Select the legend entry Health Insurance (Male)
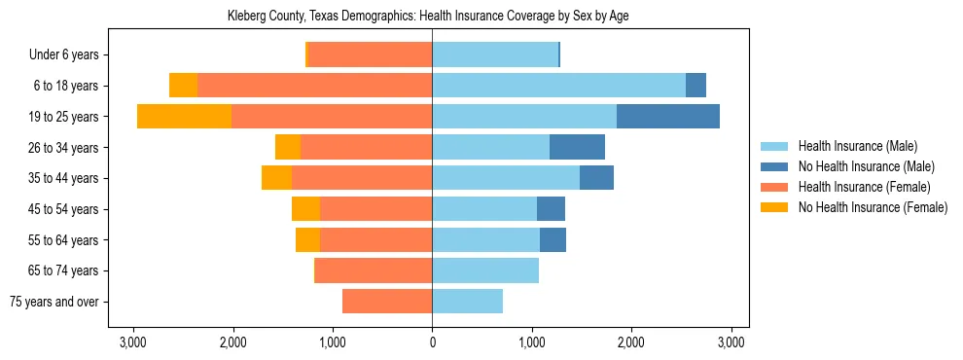(856, 146)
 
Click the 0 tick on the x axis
(432, 342)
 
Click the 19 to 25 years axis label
(63, 117)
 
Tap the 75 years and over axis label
(54, 302)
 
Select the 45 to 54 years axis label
(63, 209)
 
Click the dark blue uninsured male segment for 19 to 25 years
(668, 117)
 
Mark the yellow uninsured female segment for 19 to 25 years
(184, 117)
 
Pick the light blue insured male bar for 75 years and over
(467, 302)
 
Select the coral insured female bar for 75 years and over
(387, 302)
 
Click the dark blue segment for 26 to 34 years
(577, 148)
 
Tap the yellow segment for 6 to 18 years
(183, 86)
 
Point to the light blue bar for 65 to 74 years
(485, 270)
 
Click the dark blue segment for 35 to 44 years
(596, 178)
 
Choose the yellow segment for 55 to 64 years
(307, 240)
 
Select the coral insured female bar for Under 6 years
(370, 55)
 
